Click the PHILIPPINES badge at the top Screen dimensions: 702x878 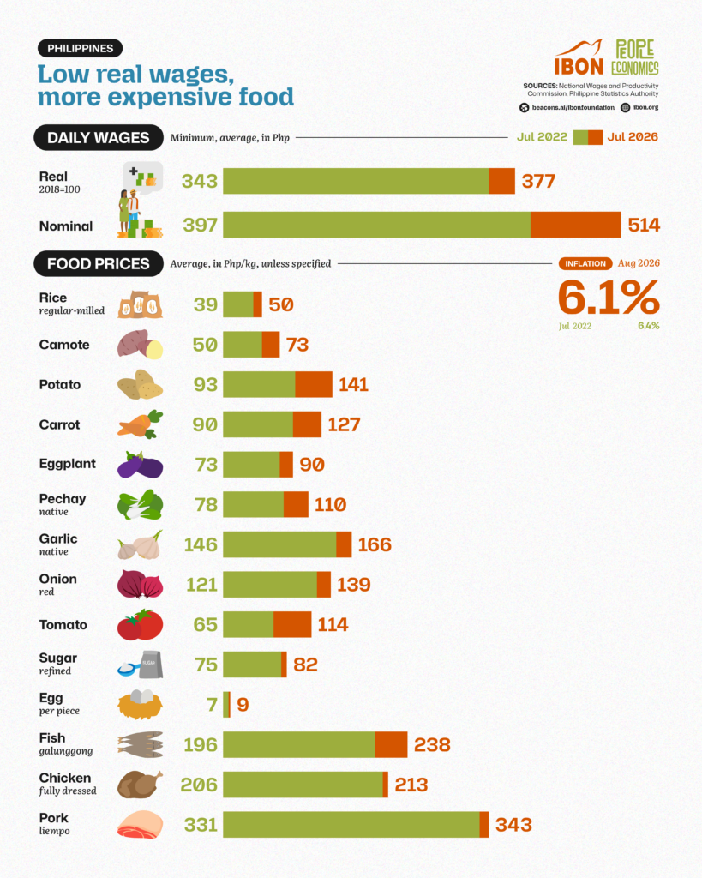pyautogui.click(x=80, y=49)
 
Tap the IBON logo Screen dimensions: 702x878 pyautogui.click(x=579, y=58)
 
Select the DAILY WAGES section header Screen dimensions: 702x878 pyautogui.click(x=98, y=138)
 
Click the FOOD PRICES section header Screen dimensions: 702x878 pyautogui.click(x=98, y=264)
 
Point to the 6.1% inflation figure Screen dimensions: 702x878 pyautogui.click(x=609, y=298)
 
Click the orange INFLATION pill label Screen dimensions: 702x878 pyautogui.click(x=585, y=263)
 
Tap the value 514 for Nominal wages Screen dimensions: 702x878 pyautogui.click(x=644, y=226)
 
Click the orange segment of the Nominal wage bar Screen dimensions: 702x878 pyautogui.click(x=575, y=225)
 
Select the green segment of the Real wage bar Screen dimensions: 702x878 pyautogui.click(x=356, y=181)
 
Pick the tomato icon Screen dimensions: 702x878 pyautogui.click(x=140, y=624)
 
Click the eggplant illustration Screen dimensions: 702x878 pyautogui.click(x=140, y=465)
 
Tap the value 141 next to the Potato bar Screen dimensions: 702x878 pyautogui.click(x=353, y=385)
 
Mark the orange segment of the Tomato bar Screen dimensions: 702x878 pyautogui.click(x=292, y=624)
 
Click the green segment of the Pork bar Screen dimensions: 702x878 pyautogui.click(x=351, y=824)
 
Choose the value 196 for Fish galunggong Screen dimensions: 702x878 pyautogui.click(x=201, y=745)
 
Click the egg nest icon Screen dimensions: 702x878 pyautogui.click(x=140, y=705)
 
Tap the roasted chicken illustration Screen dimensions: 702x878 pyautogui.click(x=140, y=784)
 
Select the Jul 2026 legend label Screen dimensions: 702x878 pyautogui.click(x=633, y=137)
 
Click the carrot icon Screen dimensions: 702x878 pyautogui.click(x=140, y=424)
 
